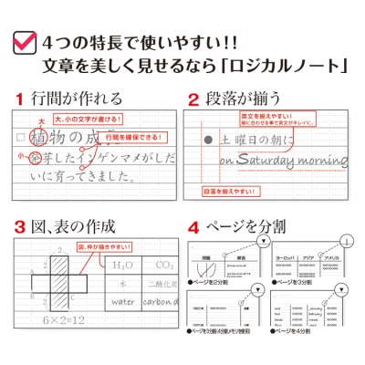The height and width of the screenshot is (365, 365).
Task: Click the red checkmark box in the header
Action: pyautogui.click(x=24, y=41)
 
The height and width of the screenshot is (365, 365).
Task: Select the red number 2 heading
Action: pyautogui.click(x=193, y=98)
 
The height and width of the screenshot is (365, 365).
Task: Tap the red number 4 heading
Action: pyautogui.click(x=193, y=225)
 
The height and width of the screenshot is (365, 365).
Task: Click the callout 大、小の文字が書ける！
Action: pyautogui.click(x=81, y=119)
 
